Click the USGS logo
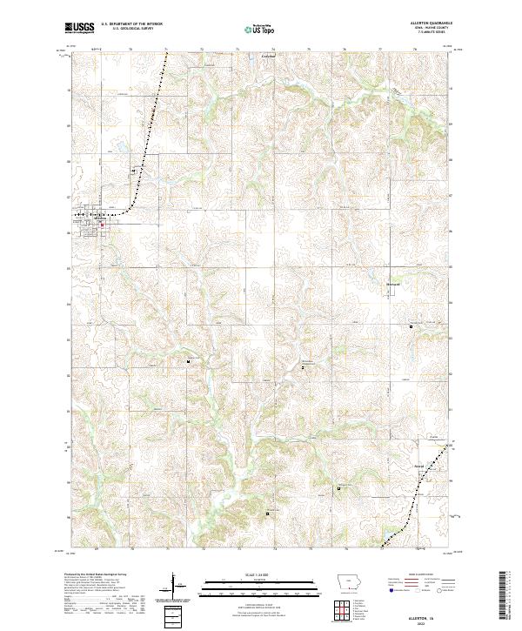[81, 28]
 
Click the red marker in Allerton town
[101, 225]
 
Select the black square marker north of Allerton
[132, 171]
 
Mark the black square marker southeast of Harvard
[411, 326]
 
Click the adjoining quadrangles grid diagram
[339, 607]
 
